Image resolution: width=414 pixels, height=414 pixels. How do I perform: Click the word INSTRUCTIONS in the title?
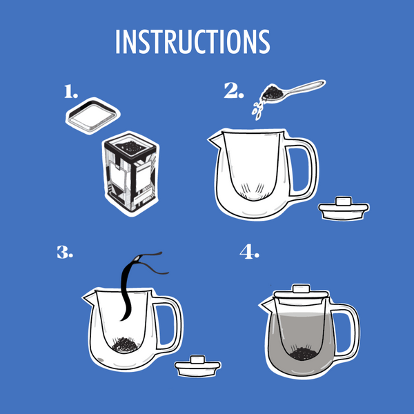tap(193, 41)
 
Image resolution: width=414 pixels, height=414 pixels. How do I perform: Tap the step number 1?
tap(71, 92)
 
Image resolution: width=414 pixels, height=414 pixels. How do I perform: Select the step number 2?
tap(234, 90)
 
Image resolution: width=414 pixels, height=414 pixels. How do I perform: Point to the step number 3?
tap(65, 252)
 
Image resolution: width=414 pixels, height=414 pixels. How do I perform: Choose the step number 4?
tap(249, 251)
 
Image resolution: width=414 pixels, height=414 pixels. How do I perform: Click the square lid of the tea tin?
tap(92, 116)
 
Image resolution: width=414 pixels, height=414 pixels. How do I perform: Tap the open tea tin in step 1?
tap(130, 173)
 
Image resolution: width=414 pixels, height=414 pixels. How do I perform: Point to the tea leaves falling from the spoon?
tap(257, 110)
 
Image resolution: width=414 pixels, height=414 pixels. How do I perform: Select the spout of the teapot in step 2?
tap(215, 139)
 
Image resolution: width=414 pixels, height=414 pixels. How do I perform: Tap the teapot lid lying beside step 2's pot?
tap(344, 208)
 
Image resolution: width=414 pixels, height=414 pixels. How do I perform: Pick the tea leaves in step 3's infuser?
tap(125, 344)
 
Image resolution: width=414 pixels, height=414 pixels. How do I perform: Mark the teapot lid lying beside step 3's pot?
tap(198, 366)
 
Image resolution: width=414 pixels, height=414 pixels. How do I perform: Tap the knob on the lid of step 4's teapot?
tap(301, 288)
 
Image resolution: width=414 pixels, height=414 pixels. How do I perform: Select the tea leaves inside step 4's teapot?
tap(303, 354)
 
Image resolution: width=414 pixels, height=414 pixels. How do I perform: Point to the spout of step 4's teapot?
tap(266, 305)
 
